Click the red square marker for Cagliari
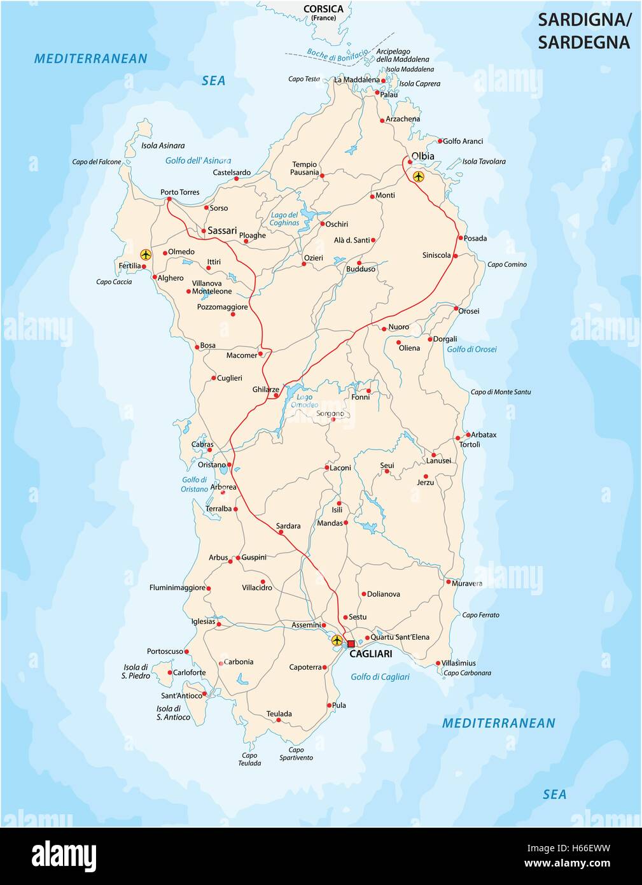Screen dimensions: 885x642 (x=351, y=644)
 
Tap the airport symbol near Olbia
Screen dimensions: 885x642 (x=418, y=176)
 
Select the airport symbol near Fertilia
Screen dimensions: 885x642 (x=146, y=255)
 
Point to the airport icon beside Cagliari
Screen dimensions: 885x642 (x=337, y=640)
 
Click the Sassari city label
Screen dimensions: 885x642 (x=222, y=230)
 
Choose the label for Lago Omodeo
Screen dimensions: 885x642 (x=304, y=400)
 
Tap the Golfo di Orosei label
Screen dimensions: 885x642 (x=471, y=349)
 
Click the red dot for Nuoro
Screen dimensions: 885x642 (x=384, y=329)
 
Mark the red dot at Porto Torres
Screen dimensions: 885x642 (x=169, y=199)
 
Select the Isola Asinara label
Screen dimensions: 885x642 (x=163, y=145)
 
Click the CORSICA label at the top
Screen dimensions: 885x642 (x=323, y=9)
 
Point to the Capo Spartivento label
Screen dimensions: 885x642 (x=296, y=754)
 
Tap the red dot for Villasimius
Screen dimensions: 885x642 (x=438, y=663)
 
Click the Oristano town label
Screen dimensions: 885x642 (x=212, y=465)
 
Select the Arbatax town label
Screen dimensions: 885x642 (x=484, y=435)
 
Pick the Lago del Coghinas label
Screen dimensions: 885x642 (x=284, y=219)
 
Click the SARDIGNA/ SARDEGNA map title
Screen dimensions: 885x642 (x=584, y=31)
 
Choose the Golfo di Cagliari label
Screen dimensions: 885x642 (x=380, y=677)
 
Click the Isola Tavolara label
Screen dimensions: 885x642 (x=484, y=162)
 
